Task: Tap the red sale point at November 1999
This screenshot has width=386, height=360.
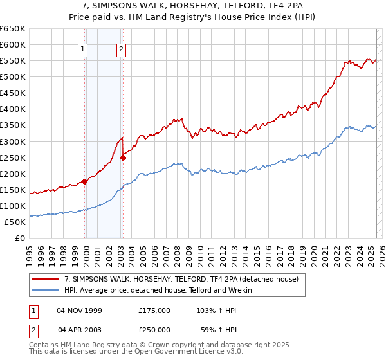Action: click(84, 181)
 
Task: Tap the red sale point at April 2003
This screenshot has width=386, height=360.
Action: click(123, 157)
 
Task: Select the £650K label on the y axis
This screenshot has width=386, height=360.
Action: click(13, 29)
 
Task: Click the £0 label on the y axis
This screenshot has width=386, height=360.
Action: click(20, 239)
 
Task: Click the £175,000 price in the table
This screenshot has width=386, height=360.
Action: click(154, 310)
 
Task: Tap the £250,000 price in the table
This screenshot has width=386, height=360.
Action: click(154, 330)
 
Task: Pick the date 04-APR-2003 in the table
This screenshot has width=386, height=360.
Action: click(79, 330)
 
